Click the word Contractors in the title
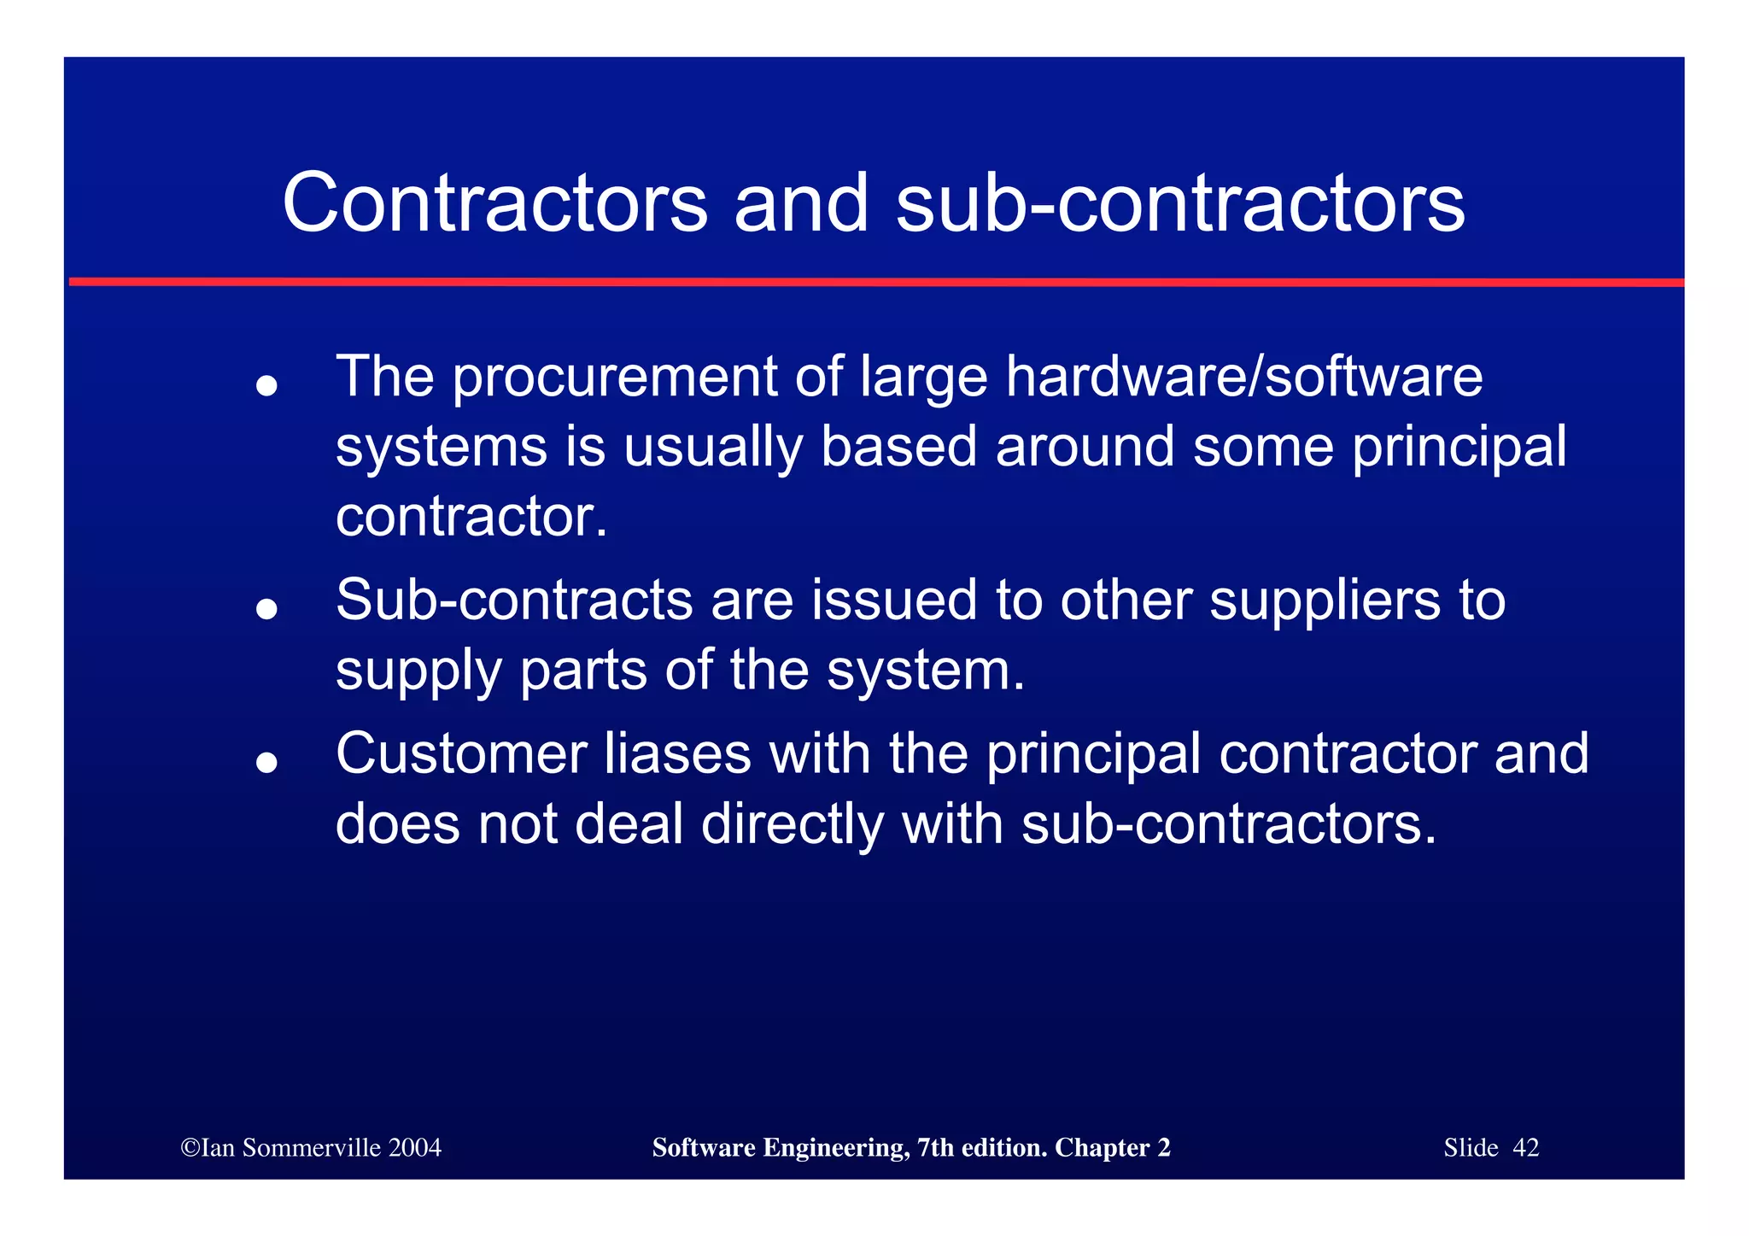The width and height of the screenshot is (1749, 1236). click(x=494, y=203)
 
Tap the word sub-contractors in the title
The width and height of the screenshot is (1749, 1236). click(x=1180, y=203)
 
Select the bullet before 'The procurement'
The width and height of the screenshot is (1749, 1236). click(x=266, y=386)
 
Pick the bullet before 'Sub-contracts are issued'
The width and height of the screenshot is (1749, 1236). click(x=266, y=609)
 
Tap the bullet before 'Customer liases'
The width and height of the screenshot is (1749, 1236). click(x=266, y=762)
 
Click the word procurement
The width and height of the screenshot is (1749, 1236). click(x=615, y=378)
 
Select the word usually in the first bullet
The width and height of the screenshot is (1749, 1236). click(x=712, y=448)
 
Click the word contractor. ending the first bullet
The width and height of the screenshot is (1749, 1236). click(x=471, y=517)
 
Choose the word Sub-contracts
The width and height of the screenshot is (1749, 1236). click(x=514, y=600)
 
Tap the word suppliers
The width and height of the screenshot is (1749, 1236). click(x=1325, y=601)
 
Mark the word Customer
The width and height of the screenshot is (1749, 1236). click(x=461, y=753)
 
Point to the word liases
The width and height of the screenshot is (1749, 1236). click(x=677, y=753)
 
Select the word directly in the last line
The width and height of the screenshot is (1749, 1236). click(x=793, y=825)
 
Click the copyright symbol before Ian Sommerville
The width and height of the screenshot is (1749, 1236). click(x=190, y=1148)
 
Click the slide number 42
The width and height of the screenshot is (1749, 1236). click(x=1525, y=1148)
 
